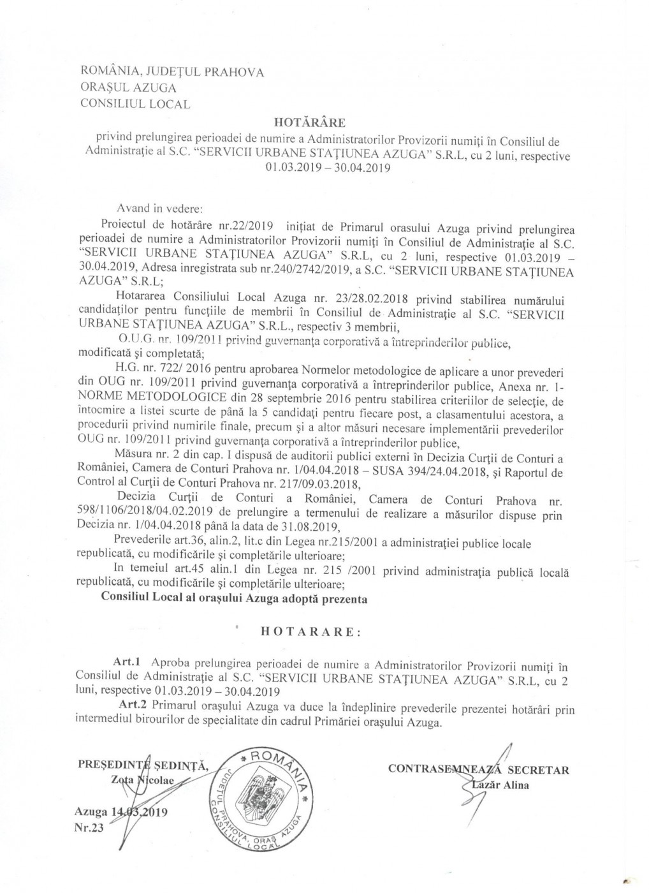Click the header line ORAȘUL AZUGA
pyautogui.click(x=128, y=87)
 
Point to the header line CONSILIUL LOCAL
pyautogui.click(x=135, y=104)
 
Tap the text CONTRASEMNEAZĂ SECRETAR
pyautogui.click(x=478, y=770)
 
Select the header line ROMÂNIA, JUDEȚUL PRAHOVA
pyautogui.click(x=171, y=71)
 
